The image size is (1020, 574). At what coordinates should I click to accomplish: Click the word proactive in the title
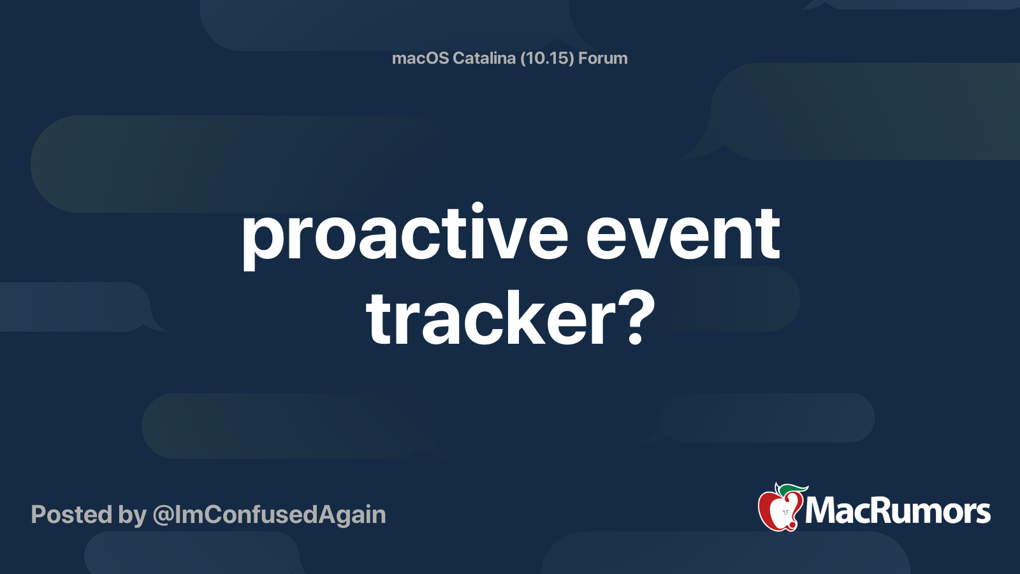coord(405,236)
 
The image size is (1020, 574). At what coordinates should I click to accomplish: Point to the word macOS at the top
coord(420,58)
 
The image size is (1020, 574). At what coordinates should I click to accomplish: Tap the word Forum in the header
coord(603,58)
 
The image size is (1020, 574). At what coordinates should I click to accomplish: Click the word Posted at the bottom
coord(71,514)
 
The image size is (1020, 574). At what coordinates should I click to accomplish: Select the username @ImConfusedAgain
coord(270,515)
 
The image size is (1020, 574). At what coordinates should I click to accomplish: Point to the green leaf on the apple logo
coord(794,489)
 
